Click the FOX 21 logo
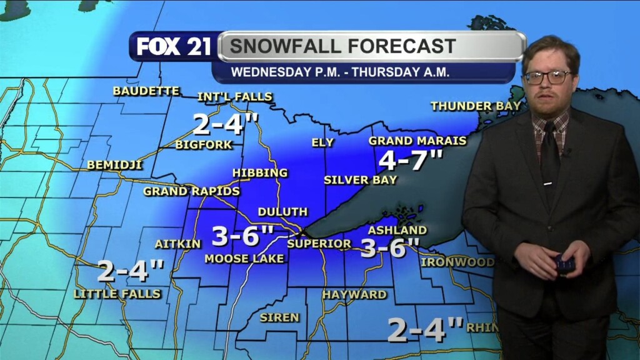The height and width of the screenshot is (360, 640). pyautogui.click(x=174, y=47)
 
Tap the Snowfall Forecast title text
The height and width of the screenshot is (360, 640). pyautogui.click(x=342, y=46)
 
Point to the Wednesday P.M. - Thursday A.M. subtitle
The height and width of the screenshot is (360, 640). pyautogui.click(x=340, y=72)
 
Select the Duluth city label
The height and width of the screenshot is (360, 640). pyautogui.click(x=282, y=212)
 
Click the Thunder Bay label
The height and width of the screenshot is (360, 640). pyautogui.click(x=476, y=106)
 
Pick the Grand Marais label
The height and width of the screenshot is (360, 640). pyautogui.click(x=417, y=141)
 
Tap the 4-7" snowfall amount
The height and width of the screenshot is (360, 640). pyautogui.click(x=411, y=161)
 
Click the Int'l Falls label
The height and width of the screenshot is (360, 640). pyautogui.click(x=234, y=97)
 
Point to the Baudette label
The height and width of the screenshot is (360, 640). pyautogui.click(x=146, y=91)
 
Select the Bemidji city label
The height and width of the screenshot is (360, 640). pyautogui.click(x=114, y=166)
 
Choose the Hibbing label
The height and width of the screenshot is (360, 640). pyautogui.click(x=260, y=172)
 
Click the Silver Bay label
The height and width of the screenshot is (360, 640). pyautogui.click(x=360, y=180)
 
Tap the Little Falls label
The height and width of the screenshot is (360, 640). pyautogui.click(x=117, y=293)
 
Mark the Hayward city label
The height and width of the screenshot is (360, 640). pyautogui.click(x=354, y=294)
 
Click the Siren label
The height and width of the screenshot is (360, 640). pyautogui.click(x=279, y=317)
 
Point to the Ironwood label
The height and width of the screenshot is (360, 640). pyautogui.click(x=457, y=262)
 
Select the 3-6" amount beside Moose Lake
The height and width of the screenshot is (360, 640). pyautogui.click(x=242, y=236)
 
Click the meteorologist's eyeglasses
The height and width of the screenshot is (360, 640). pyautogui.click(x=547, y=77)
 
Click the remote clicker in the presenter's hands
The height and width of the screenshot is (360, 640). pyautogui.click(x=565, y=264)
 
